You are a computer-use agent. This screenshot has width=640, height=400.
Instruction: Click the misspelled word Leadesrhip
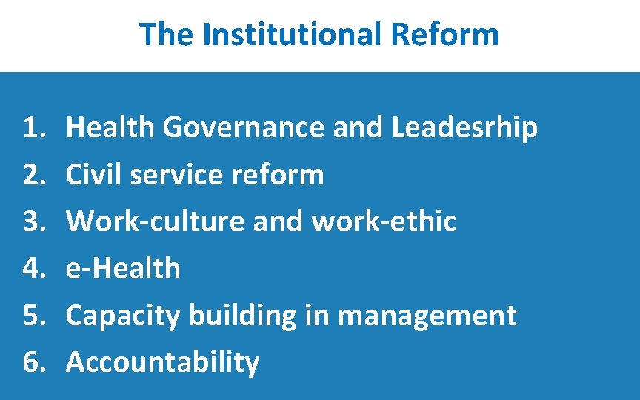pos(464,128)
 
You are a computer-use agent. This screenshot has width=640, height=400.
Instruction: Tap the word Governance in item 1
pos(244,128)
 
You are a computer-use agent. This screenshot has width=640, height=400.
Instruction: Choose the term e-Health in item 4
pos(123,268)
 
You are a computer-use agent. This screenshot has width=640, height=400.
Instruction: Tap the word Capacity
pos(123,316)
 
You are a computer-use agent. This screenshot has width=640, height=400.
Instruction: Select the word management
pos(427,316)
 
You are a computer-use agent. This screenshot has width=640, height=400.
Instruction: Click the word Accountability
pos(163,362)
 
